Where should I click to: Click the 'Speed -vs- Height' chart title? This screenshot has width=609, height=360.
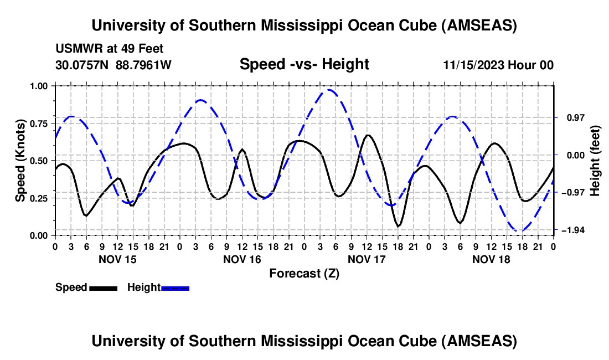304,64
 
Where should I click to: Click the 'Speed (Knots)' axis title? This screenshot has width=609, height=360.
20,161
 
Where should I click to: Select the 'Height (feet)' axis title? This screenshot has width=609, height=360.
595,161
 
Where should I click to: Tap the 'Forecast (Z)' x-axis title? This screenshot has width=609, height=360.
304,273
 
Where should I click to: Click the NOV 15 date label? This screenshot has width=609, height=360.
117,259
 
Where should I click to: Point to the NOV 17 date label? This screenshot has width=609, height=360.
367,259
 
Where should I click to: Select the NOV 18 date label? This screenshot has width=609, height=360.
491,259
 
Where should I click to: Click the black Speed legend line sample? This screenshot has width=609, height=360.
103,288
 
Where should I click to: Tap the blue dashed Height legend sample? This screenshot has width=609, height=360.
175,288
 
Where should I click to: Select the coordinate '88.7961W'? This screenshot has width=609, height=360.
143,65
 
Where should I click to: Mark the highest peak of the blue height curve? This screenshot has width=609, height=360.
329,90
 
